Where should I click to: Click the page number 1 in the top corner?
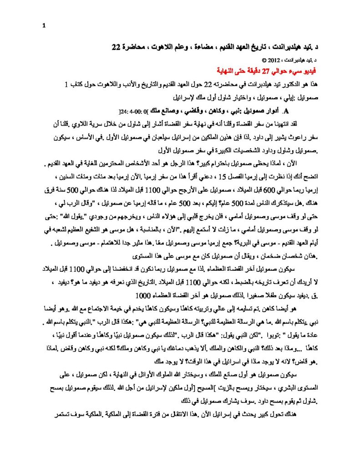[44, 25]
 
